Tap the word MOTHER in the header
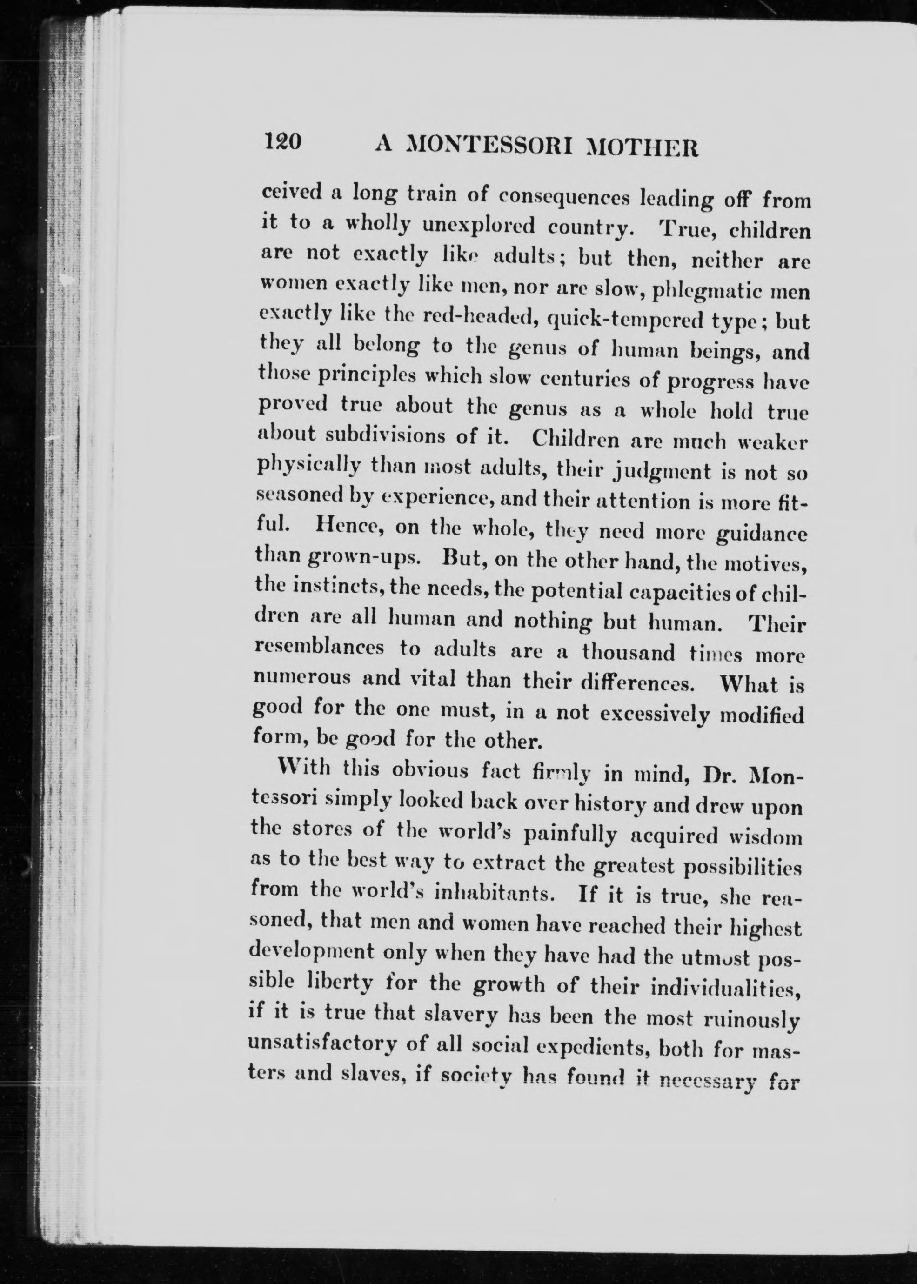pos(642,148)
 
